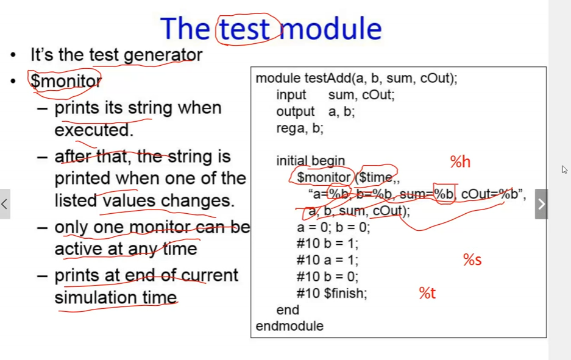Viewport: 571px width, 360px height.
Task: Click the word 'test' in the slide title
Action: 244,29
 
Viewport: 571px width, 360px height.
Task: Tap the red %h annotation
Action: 460,161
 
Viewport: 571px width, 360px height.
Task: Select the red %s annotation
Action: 472,259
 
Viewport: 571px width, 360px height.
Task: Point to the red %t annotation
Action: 427,293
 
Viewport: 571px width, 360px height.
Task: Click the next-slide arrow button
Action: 541,204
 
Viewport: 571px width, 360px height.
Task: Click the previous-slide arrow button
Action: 5,204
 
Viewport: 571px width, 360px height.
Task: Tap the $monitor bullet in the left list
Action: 66,81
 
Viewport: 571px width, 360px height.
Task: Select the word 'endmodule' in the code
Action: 289,326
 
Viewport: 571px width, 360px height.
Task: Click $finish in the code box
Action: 346,293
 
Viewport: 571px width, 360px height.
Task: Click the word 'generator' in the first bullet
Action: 163,55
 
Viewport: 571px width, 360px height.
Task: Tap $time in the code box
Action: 375,177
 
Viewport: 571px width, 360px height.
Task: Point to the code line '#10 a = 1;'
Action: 327,260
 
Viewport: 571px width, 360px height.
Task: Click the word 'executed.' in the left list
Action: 94,130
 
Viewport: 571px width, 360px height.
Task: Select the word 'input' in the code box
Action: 291,95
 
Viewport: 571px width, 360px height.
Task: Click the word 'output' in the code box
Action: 296,111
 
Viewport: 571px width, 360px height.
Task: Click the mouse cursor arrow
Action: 564,169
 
